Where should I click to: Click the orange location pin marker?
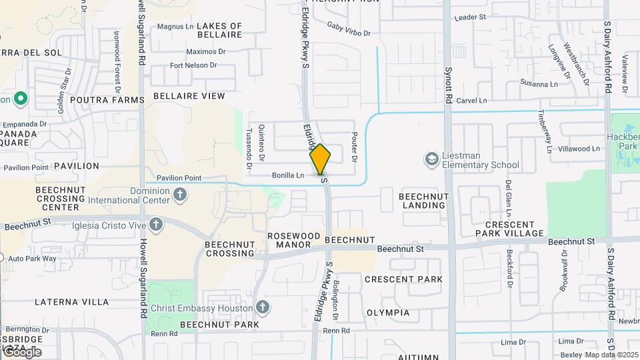pos(320,159)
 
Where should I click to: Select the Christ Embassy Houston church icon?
pos(263,307)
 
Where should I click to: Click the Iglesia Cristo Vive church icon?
pos(157,225)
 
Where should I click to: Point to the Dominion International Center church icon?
pos(179,194)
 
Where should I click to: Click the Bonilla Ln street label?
pos(288,175)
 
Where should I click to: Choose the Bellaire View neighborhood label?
pos(189,96)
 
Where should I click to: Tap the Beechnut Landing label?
pos(423,201)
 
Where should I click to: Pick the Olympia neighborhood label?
pos(388,312)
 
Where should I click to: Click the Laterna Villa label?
pos(71,302)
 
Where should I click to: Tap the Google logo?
pos(21,351)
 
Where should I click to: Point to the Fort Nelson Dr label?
pos(193,65)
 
